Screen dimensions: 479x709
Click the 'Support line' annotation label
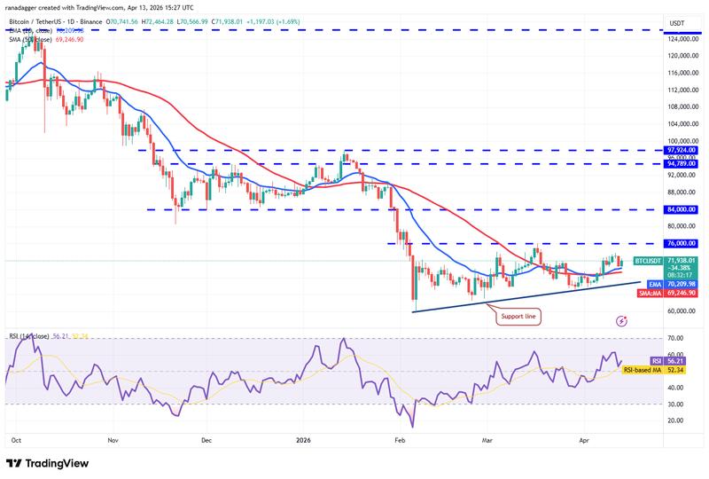point(518,316)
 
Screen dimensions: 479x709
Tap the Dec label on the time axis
point(205,439)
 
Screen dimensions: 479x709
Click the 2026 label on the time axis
point(303,439)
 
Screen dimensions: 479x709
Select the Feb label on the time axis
point(399,439)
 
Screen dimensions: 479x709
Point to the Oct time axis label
point(17,439)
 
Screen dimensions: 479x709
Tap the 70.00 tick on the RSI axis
point(675,339)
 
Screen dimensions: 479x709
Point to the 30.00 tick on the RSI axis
point(675,404)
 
